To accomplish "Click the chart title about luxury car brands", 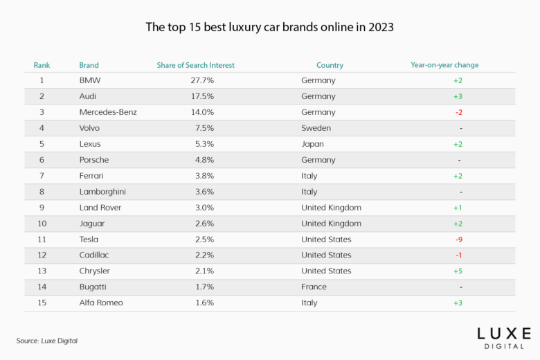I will (x=269, y=28).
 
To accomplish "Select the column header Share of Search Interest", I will (x=196, y=65).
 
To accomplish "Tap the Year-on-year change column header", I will (x=444, y=65).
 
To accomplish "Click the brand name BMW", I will (x=90, y=80).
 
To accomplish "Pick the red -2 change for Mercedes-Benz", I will (x=458, y=112).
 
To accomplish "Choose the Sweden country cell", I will (x=316, y=128).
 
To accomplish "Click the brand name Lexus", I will (x=90, y=144).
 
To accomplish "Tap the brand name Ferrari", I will (x=92, y=176).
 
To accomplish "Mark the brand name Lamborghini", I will (x=102, y=192).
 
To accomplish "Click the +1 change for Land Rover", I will (x=458, y=208).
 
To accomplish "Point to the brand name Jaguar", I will (x=92, y=224).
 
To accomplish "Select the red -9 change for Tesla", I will (x=458, y=240).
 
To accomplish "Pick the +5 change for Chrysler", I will (x=458, y=271).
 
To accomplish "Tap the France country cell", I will (x=314, y=287).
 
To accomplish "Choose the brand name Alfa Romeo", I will (x=100, y=303).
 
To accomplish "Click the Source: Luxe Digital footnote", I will (x=46, y=341).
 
